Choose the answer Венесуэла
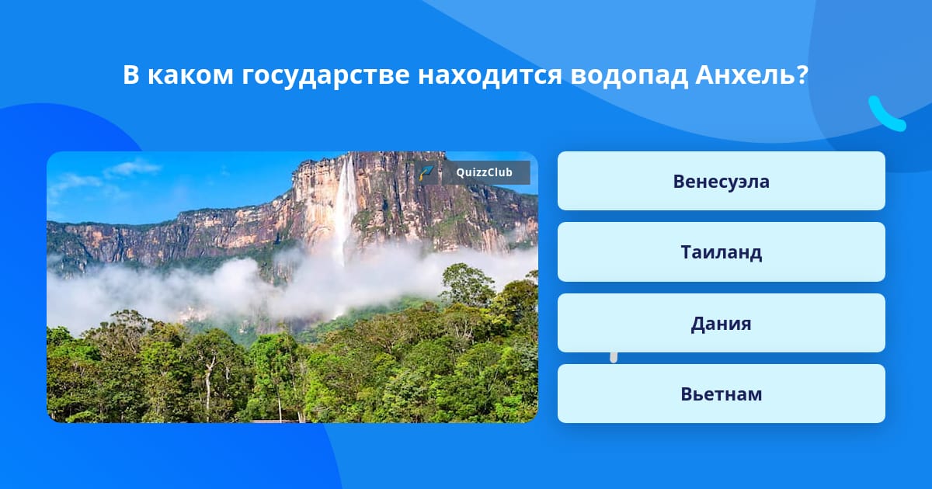721,181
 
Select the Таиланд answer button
721,252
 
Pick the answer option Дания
721,323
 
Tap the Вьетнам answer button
721,394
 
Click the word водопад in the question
629,75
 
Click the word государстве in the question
325,76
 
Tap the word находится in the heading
490,75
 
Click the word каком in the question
190,75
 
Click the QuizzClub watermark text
485,172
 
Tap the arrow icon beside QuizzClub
426,172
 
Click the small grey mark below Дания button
614,357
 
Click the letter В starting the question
130,75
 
